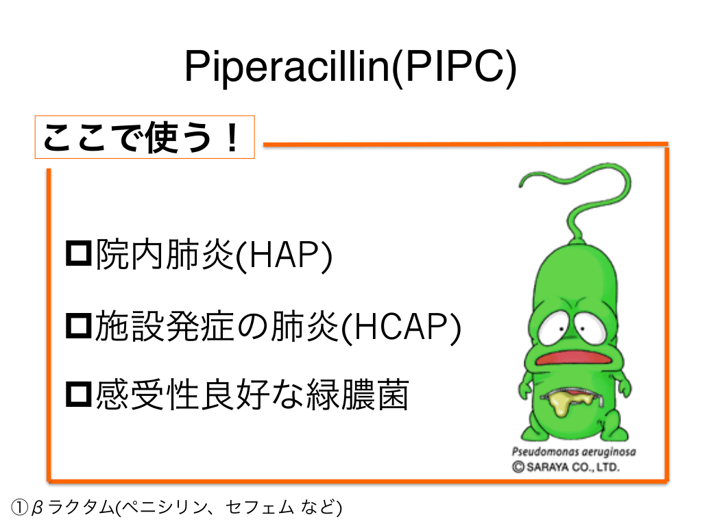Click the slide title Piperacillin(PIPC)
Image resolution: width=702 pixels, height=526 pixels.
tap(350, 67)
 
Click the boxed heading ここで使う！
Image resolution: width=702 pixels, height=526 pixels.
tap(145, 137)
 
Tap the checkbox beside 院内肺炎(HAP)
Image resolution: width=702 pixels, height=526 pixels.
tap(79, 253)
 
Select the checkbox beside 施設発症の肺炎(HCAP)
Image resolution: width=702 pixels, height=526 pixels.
tap(79, 325)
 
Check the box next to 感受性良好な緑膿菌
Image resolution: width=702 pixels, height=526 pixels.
tap(79, 394)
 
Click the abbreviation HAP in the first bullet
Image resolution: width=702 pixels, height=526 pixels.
tap(283, 255)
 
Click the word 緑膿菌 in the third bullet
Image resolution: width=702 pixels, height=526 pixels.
tap(357, 395)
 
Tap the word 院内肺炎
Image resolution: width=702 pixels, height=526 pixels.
tap(165, 255)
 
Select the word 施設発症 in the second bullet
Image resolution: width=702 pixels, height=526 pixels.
tap(165, 326)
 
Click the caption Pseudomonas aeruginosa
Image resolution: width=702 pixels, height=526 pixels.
tap(574, 452)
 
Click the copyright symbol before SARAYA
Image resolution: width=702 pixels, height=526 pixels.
tap(518, 467)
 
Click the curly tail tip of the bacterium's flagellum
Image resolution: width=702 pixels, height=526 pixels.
tap(521, 185)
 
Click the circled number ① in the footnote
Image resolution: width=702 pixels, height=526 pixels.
tap(20, 508)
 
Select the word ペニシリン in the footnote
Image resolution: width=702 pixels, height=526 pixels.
tap(165, 508)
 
